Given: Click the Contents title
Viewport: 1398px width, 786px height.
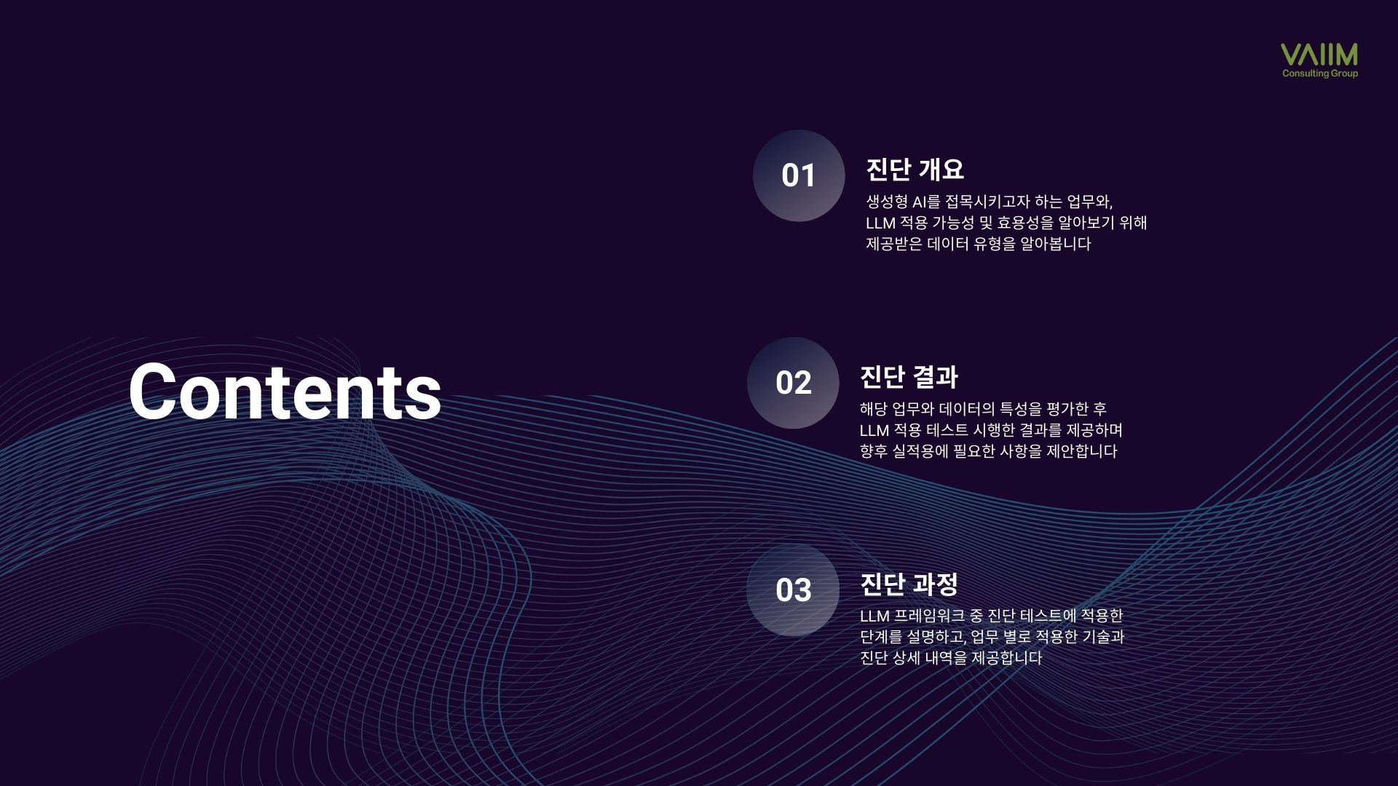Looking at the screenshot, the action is pyautogui.click(x=285, y=391).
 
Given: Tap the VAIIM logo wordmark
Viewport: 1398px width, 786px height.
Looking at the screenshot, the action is pyautogui.click(x=1319, y=55).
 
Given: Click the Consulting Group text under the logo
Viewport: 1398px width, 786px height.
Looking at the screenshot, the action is pyautogui.click(x=1320, y=74).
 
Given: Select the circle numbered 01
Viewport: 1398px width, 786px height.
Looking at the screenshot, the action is pyautogui.click(x=799, y=175).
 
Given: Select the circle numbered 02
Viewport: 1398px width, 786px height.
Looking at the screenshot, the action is pyautogui.click(x=793, y=383).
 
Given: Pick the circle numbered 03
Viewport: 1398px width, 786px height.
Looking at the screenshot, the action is pyautogui.click(x=793, y=590).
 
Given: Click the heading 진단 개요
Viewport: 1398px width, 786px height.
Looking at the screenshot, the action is pyautogui.click(x=915, y=170).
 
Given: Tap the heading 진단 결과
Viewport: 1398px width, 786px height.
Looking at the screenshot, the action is pyautogui.click(x=909, y=377).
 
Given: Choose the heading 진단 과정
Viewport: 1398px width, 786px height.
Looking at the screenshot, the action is pyautogui.click(x=909, y=584).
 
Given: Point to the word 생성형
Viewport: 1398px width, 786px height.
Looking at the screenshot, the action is pyautogui.click(x=887, y=202).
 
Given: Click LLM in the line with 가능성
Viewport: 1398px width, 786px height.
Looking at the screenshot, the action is pyautogui.click(x=880, y=223).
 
